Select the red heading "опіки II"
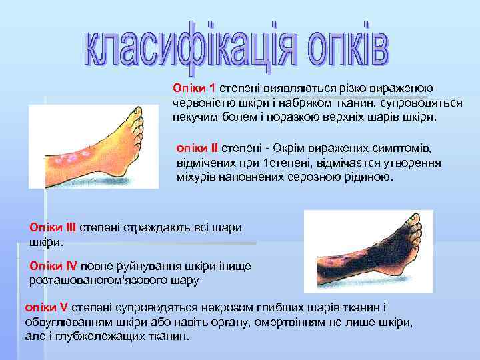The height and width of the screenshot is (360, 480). pyautogui.click(x=197, y=147)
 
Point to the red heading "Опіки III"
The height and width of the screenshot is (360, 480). pyautogui.click(x=53, y=227)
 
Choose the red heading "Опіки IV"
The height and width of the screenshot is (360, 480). pyautogui.click(x=53, y=267)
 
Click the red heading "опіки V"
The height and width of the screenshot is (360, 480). pyautogui.click(x=46, y=307)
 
